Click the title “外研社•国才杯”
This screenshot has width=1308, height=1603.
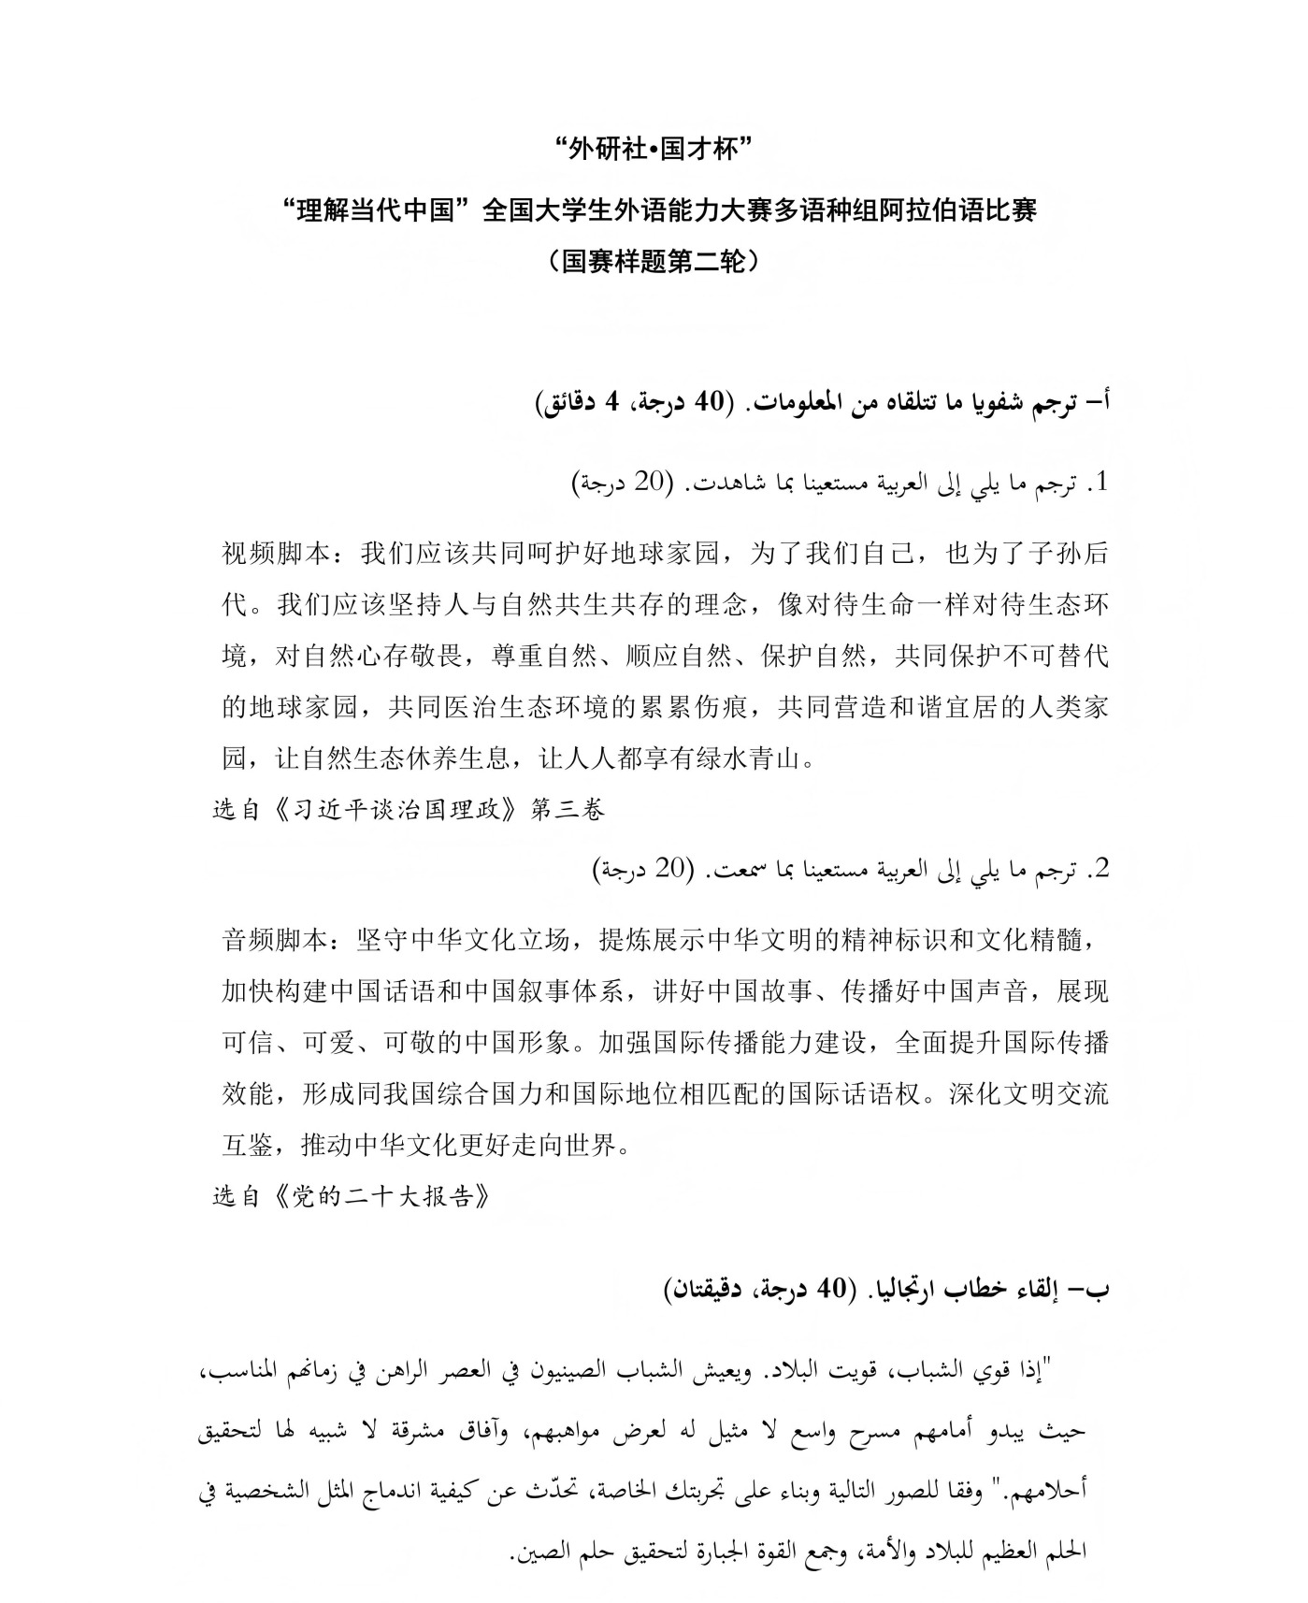(x=654, y=150)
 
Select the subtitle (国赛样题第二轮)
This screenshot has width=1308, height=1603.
(x=654, y=261)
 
